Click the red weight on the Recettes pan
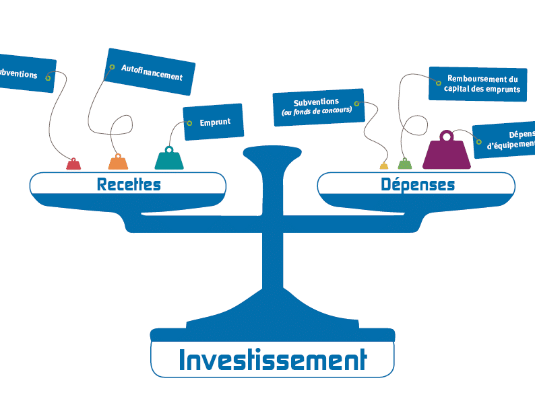coord(73,164)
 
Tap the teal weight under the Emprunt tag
coord(169,159)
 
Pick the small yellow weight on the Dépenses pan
coord(384,166)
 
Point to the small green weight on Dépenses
coord(404,163)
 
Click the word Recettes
coord(129,184)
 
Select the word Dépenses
coord(418,184)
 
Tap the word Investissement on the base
coord(272,360)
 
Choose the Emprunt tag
coord(213,122)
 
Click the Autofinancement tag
coord(151,71)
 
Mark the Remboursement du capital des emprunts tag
coord(478,84)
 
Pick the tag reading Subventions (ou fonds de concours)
coord(318,107)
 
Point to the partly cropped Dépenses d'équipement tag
coord(505,140)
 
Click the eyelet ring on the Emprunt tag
coord(189,123)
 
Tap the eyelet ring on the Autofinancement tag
coord(112,67)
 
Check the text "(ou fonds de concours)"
coord(317,111)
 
